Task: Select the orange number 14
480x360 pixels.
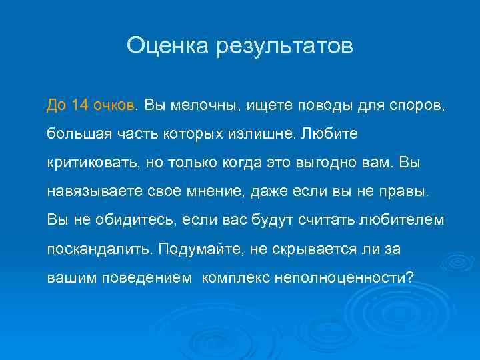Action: click(x=80, y=105)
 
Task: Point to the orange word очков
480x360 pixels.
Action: click(x=115, y=105)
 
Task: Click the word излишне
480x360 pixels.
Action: click(x=265, y=134)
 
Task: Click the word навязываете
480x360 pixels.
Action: click(x=88, y=191)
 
